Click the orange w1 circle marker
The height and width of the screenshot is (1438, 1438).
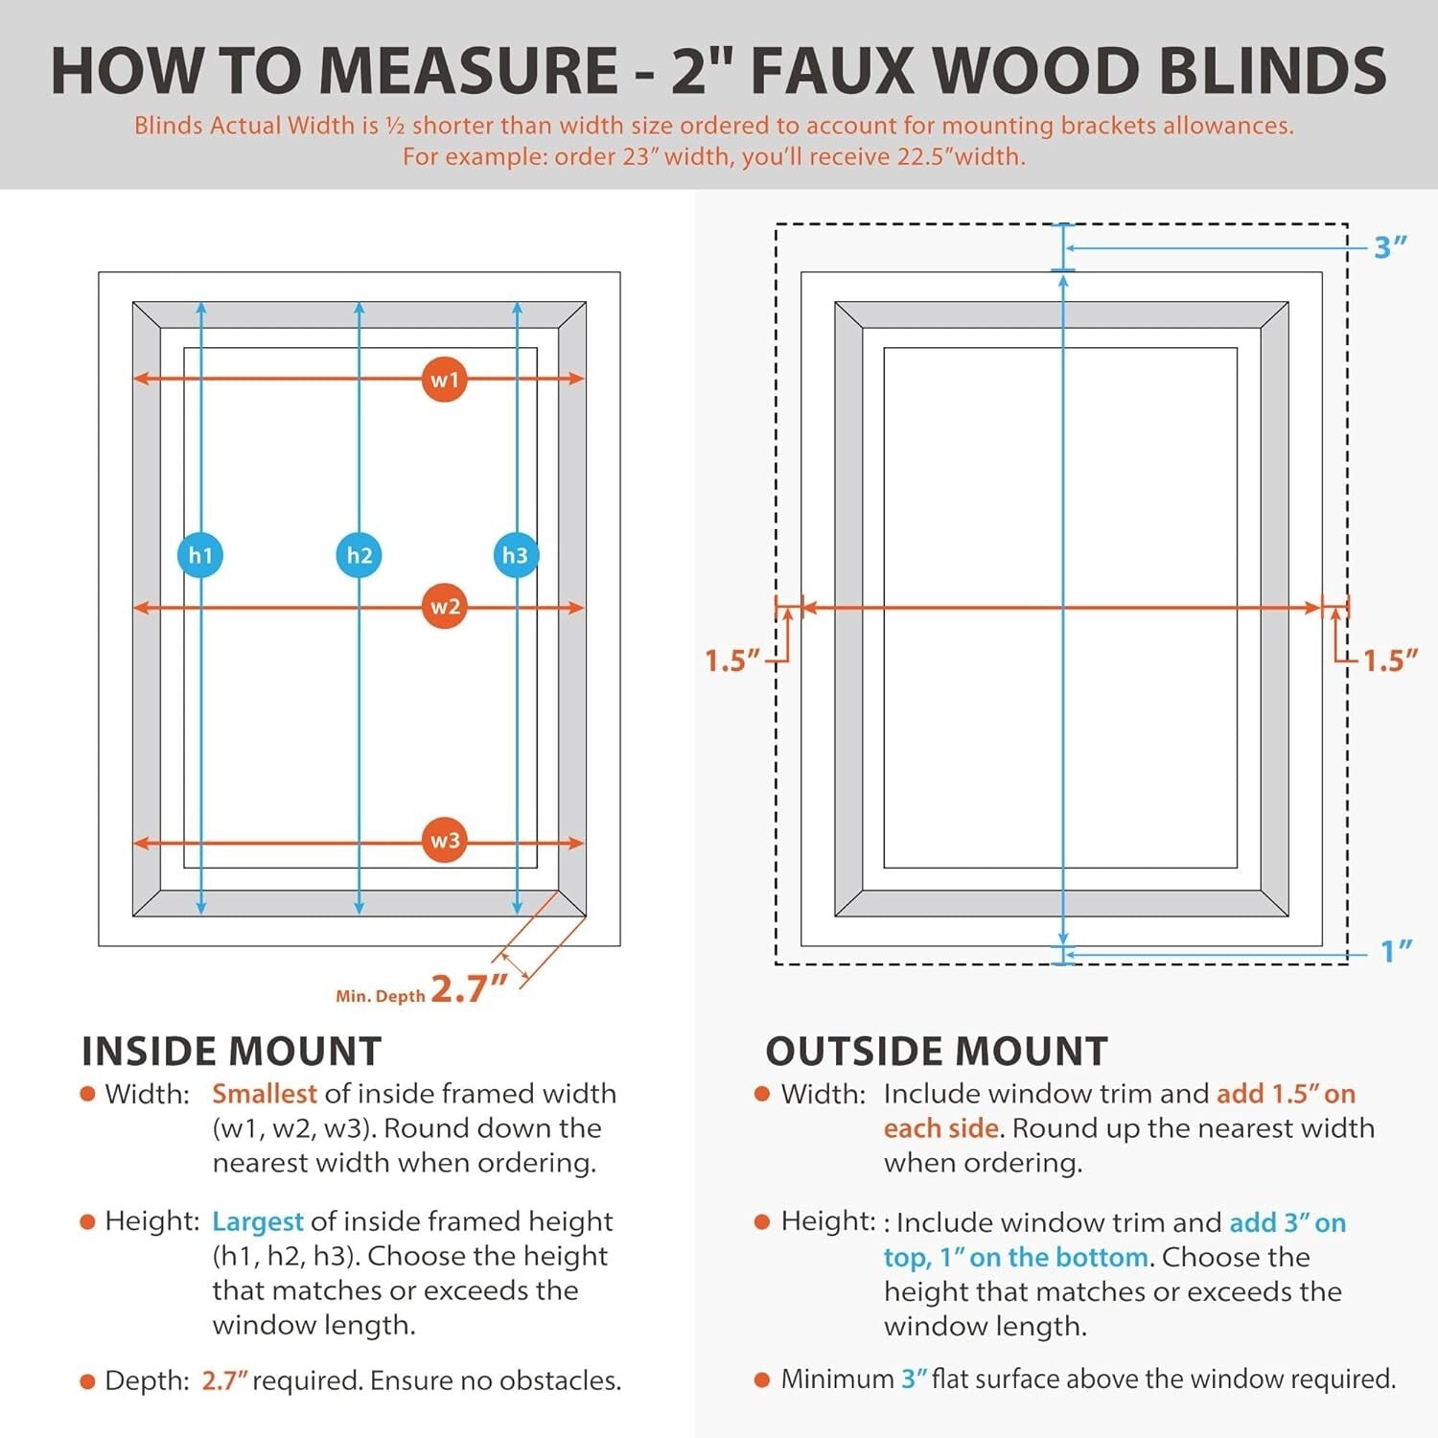click(444, 380)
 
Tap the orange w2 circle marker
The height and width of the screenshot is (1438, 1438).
click(444, 607)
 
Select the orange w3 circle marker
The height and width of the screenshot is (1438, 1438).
click(444, 841)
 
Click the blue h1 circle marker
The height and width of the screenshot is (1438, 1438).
click(200, 555)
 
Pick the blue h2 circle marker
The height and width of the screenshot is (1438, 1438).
click(359, 555)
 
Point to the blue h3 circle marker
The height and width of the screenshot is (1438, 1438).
click(516, 555)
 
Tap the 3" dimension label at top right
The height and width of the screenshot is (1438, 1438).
click(1390, 247)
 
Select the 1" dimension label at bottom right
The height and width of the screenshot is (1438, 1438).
click(1396, 951)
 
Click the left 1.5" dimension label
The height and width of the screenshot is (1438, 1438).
click(732, 661)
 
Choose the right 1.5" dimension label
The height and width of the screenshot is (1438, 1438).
click(1390, 661)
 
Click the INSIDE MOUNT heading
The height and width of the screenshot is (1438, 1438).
click(232, 1052)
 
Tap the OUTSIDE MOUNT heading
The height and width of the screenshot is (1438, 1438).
click(936, 1052)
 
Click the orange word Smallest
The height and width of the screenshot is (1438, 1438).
click(264, 1094)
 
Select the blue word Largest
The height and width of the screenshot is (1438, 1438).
click(257, 1221)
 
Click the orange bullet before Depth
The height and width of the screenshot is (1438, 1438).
click(88, 1381)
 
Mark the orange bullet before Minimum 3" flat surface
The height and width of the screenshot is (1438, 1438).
click(762, 1380)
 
